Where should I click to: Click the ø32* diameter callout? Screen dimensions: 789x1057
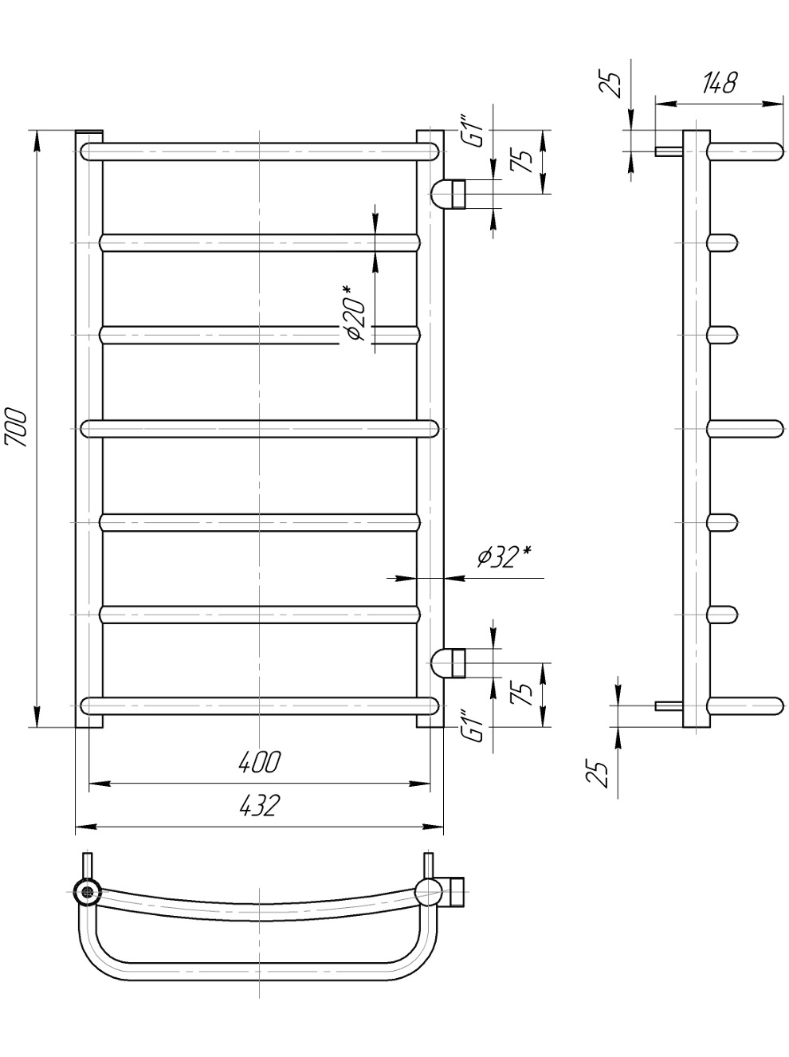(506, 557)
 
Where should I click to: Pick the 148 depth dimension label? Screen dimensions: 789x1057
(719, 83)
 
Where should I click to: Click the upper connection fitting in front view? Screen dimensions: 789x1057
(448, 194)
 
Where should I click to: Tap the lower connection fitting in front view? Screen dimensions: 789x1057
(448, 663)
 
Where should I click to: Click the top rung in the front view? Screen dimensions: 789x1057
(260, 151)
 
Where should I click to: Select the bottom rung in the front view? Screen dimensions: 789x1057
(260, 705)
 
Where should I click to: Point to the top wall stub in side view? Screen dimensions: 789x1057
(669, 151)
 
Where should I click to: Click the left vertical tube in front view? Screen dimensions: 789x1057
(89, 429)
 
